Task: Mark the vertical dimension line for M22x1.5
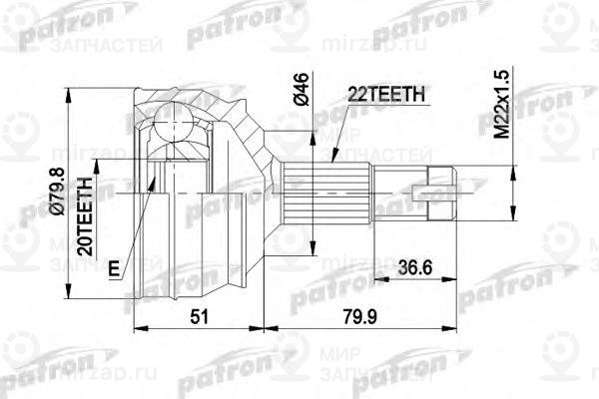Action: (x=513, y=150)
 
